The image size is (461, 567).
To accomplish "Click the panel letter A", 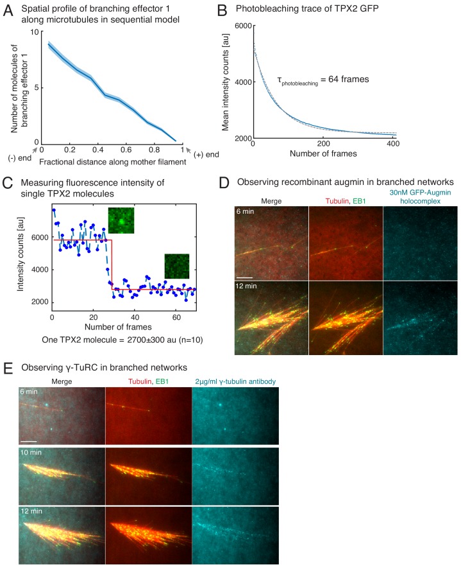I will pos(9,11).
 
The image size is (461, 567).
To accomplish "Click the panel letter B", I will pos(241,11).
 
